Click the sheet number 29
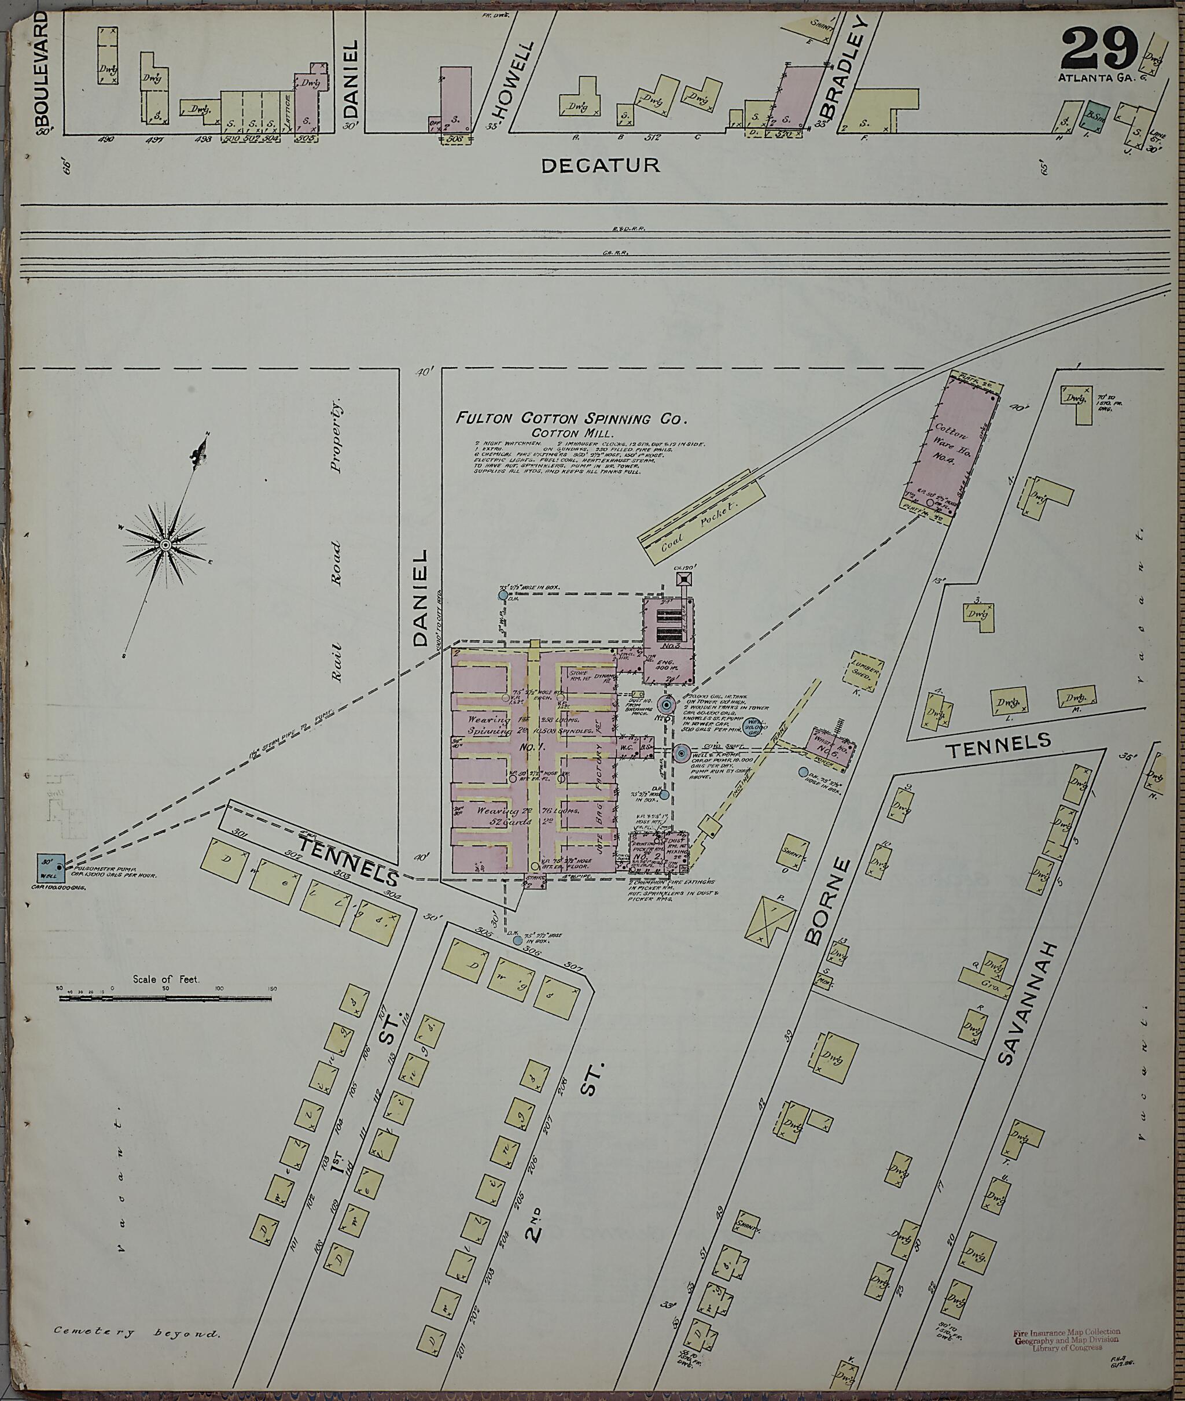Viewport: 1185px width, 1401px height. [1099, 49]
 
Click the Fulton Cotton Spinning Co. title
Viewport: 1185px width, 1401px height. [572, 419]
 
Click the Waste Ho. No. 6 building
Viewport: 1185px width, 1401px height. [831, 746]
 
